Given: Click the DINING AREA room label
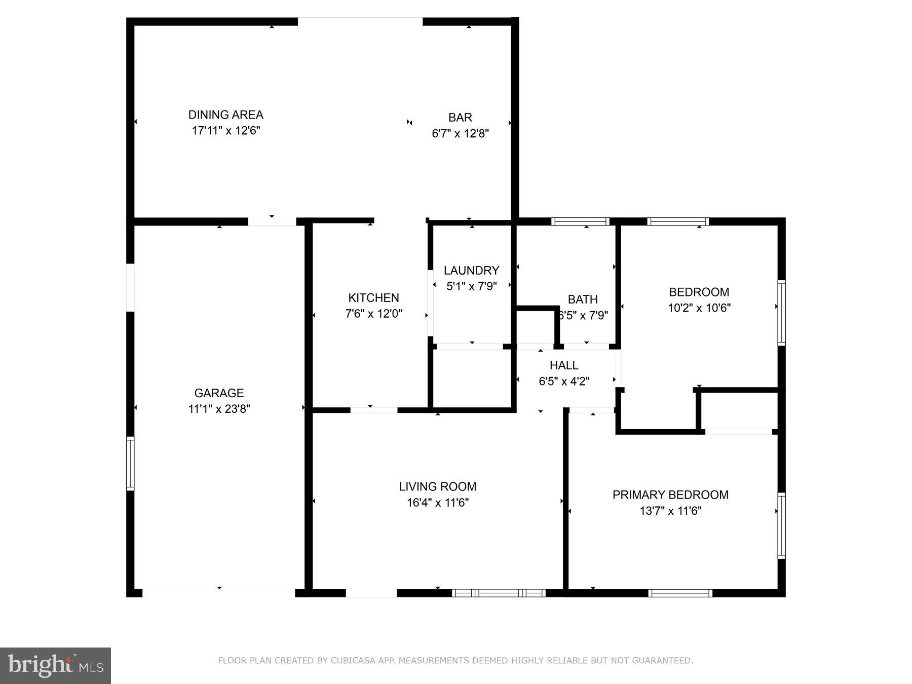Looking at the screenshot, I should pos(225,115).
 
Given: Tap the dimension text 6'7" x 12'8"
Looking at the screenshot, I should pos(460,134).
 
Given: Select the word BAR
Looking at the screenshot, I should pos(460,118).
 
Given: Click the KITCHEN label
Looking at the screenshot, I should pos(373,298).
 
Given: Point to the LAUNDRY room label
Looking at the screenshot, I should pos(471,271).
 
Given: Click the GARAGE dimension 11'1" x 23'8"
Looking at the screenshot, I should pos(219,409).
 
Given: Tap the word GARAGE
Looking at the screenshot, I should pos(219,393).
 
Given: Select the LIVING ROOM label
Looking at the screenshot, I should pos(437,487).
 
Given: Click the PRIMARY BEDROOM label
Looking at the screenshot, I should pos(670,495).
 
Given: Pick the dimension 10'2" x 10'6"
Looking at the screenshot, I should pos(699,308).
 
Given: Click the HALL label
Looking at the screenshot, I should pos(564,365).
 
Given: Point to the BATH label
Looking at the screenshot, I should pos(583,299).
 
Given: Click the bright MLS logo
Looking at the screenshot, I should pos(55,665).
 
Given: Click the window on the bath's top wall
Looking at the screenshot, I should pos(580,221).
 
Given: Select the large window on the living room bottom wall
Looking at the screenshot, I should pos(499,593).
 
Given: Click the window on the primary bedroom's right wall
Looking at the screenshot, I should pos(781,526).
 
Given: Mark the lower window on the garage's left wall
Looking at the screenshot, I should pos(130,464).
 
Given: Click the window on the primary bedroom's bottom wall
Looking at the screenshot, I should pos(680,593).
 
